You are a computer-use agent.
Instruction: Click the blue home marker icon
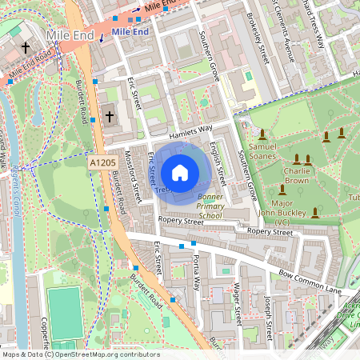click(x=179, y=172)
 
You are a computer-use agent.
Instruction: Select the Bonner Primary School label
click(x=210, y=206)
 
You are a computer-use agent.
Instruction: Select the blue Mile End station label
click(x=130, y=31)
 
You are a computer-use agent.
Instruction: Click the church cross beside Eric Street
click(x=110, y=117)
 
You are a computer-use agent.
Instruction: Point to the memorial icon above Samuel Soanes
click(x=262, y=133)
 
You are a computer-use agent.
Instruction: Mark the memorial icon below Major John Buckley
click(x=315, y=213)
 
